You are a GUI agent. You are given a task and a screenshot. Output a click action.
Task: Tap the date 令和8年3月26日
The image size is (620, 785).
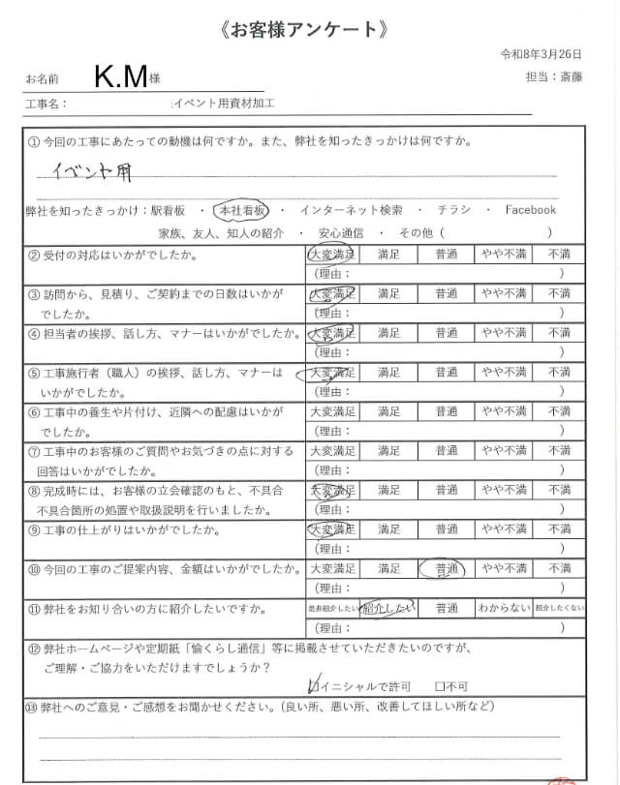(x=540, y=53)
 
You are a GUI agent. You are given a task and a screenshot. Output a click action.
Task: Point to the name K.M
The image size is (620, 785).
(x=121, y=75)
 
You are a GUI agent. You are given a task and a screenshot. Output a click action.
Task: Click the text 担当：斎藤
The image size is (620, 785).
(x=549, y=75)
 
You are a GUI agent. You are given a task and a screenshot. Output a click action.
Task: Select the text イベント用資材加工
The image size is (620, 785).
(x=224, y=102)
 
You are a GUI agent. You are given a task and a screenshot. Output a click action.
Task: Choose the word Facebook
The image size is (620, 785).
(x=530, y=209)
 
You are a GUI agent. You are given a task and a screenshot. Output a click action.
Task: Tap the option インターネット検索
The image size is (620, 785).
(x=351, y=209)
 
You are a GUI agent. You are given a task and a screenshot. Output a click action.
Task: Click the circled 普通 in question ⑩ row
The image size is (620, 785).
(x=446, y=568)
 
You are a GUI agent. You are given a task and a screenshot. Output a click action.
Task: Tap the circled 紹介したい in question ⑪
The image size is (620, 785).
(x=387, y=608)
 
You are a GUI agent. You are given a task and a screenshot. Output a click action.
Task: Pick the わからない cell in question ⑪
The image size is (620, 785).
(x=502, y=608)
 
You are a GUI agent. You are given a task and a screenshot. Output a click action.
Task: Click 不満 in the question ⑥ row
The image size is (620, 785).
(x=559, y=411)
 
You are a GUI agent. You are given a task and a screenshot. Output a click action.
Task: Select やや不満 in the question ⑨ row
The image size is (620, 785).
(x=504, y=529)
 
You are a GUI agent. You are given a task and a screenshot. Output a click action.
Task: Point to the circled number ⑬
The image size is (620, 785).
(x=31, y=707)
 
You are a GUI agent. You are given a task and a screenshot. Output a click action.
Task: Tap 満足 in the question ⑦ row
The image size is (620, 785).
(x=388, y=451)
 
